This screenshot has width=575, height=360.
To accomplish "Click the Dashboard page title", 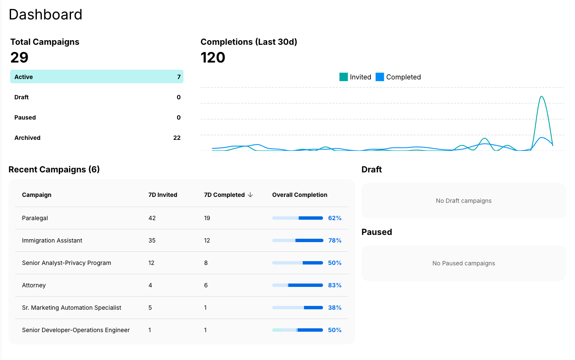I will point(45,14).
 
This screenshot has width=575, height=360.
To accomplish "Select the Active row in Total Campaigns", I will point(96,77).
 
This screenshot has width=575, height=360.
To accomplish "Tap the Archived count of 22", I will point(177,138).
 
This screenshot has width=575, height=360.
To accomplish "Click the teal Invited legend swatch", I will point(343,77).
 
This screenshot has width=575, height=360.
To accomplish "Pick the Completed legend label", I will point(403,77).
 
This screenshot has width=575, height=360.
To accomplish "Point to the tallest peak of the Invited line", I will point(541,97).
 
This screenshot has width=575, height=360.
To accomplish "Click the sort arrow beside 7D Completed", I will point(250,195).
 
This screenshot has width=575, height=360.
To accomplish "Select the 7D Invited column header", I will point(163,195).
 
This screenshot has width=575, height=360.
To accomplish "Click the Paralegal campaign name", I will point(35,218).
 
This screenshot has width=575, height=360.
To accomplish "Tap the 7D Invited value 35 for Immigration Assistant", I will point(152,240).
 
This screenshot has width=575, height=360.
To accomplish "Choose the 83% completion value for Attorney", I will point(334,285).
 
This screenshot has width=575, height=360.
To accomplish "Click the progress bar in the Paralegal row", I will point(298,218).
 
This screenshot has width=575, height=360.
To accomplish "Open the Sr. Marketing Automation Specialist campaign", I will point(71,308).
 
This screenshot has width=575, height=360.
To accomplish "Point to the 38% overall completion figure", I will point(334,308).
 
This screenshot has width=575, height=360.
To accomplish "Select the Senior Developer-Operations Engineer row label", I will point(76,330).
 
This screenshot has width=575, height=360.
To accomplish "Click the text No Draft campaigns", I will point(463,201).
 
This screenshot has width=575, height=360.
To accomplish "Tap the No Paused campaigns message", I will point(463,263).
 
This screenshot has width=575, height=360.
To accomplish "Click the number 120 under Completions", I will point(213,57).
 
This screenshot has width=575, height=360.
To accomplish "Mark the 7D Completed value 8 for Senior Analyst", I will point(206,263).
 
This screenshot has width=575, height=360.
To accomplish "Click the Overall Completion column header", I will point(300,195).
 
